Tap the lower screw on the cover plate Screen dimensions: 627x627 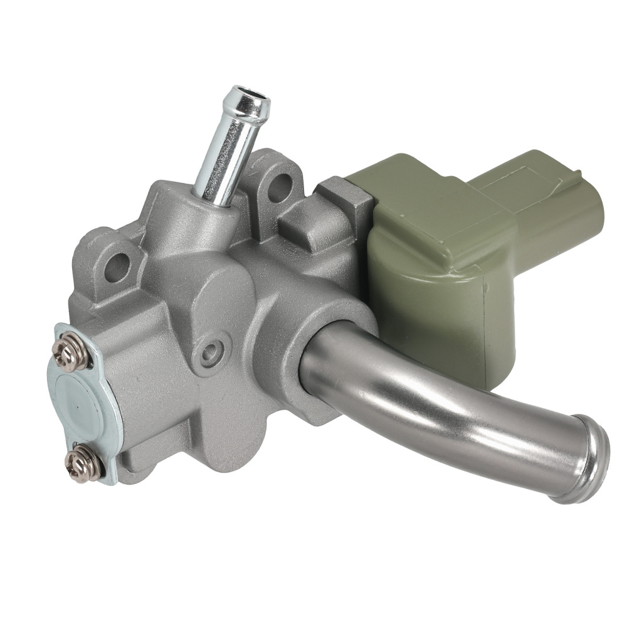coord(82,465)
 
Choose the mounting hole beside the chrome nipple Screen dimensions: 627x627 coord(280,187)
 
